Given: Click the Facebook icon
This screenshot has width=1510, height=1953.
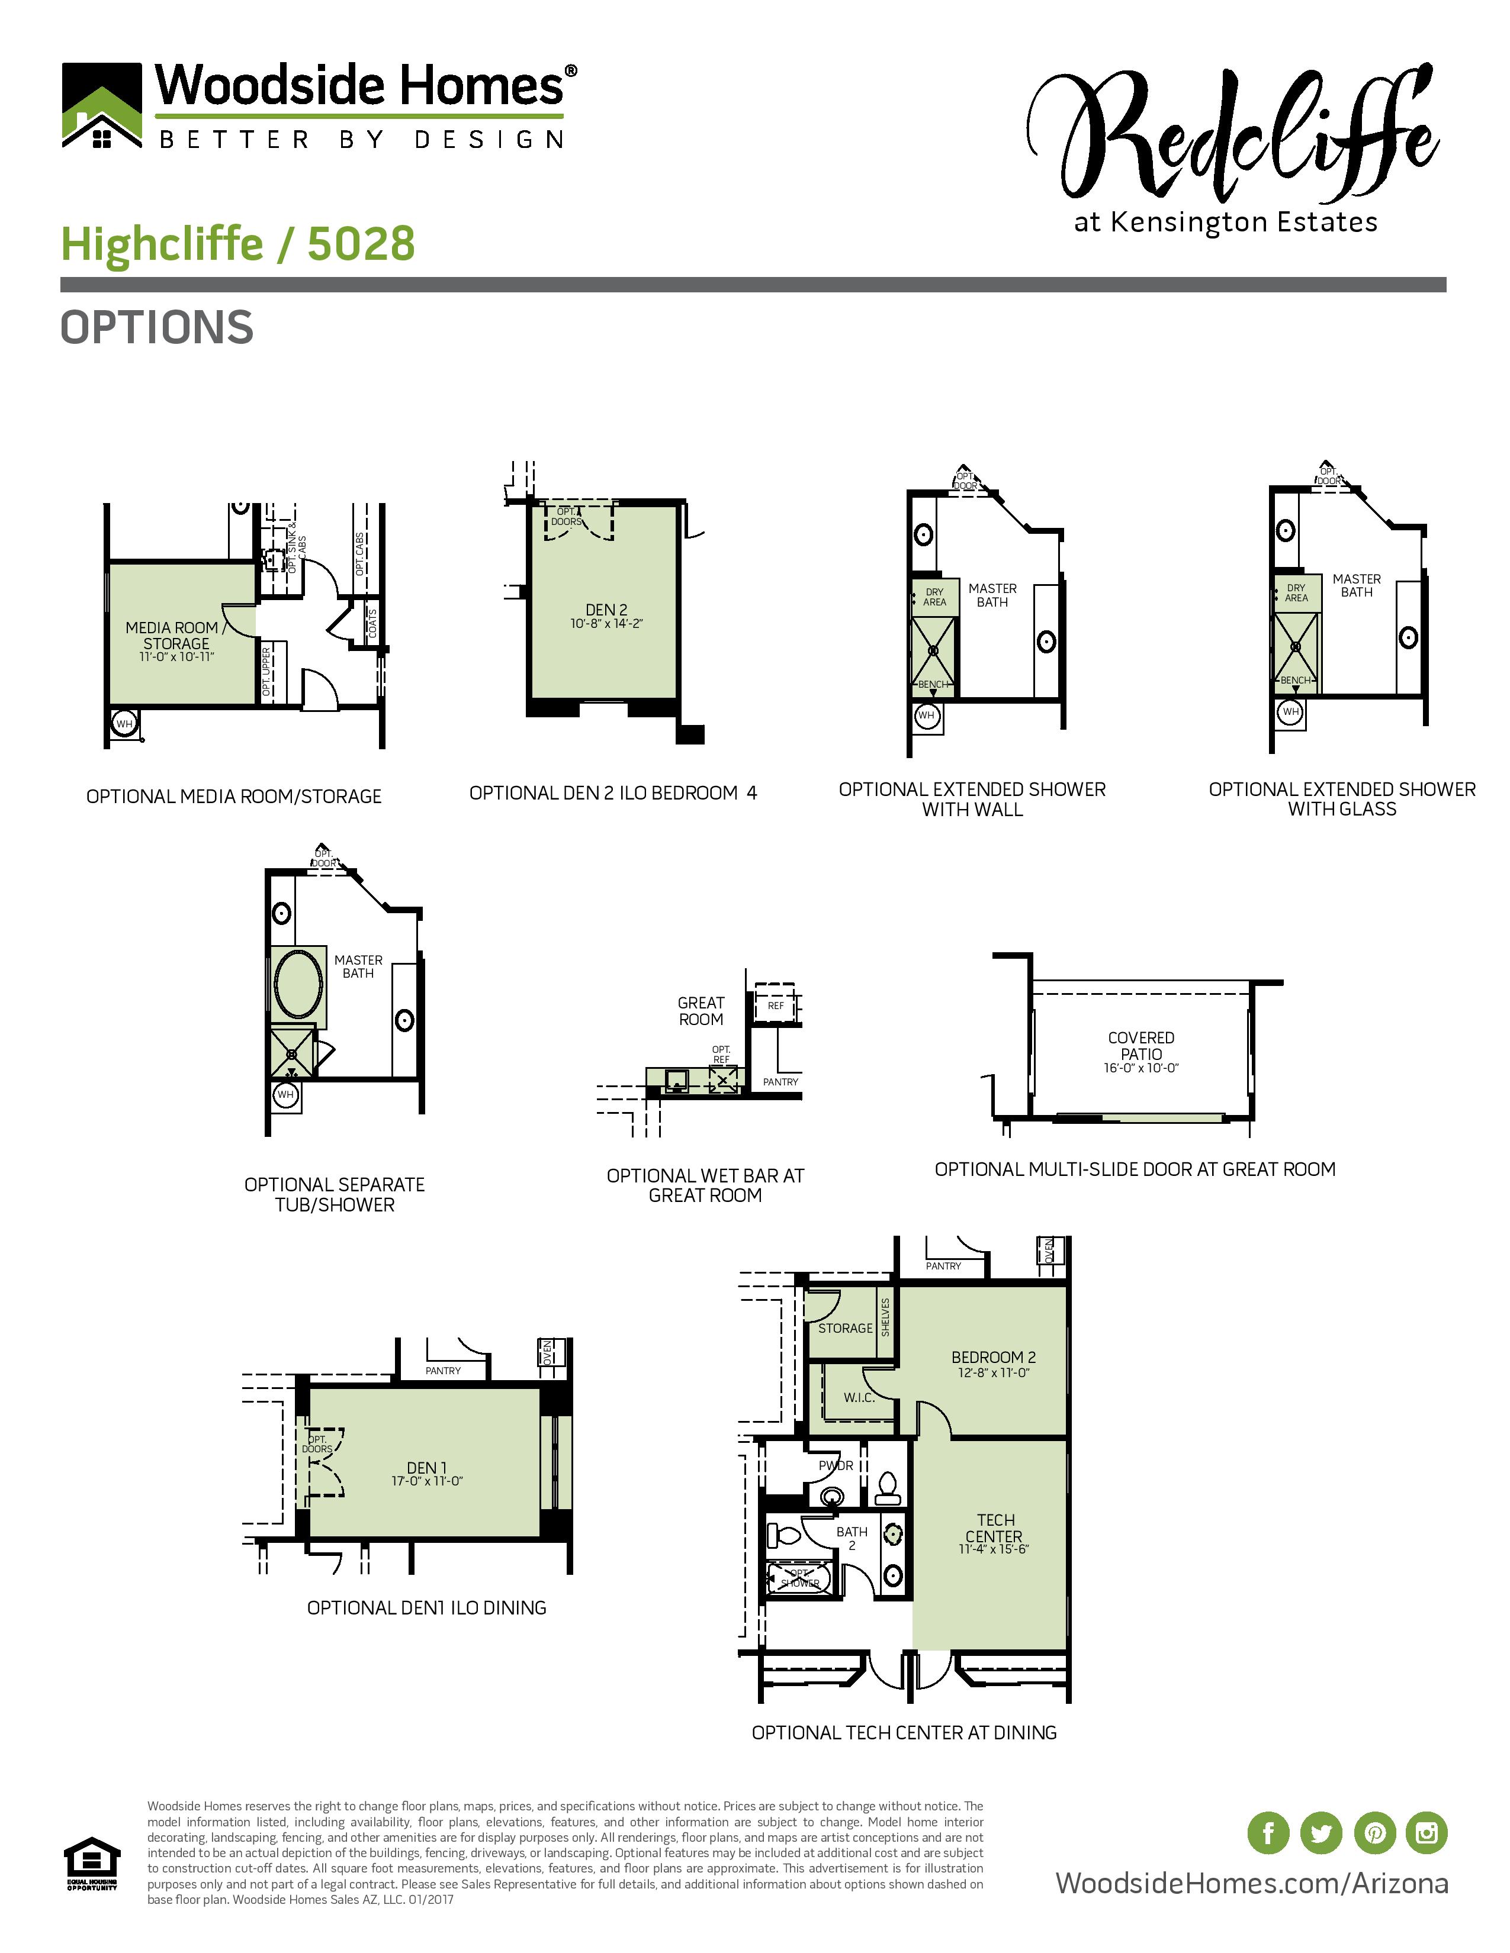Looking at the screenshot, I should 1268,1832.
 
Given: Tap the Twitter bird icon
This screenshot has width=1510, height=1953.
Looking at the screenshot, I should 1321,1832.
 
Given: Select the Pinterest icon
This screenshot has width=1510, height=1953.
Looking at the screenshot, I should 1374,1832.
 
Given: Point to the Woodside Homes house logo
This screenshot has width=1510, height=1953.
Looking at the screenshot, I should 102,105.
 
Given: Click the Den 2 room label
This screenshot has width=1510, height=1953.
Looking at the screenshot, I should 606,610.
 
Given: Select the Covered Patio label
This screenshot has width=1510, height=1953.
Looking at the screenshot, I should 1140,1045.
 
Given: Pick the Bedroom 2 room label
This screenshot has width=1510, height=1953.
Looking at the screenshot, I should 993,1356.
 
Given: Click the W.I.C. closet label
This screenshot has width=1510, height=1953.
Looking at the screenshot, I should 859,1398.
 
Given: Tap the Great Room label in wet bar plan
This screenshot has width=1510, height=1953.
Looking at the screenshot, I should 701,1010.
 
